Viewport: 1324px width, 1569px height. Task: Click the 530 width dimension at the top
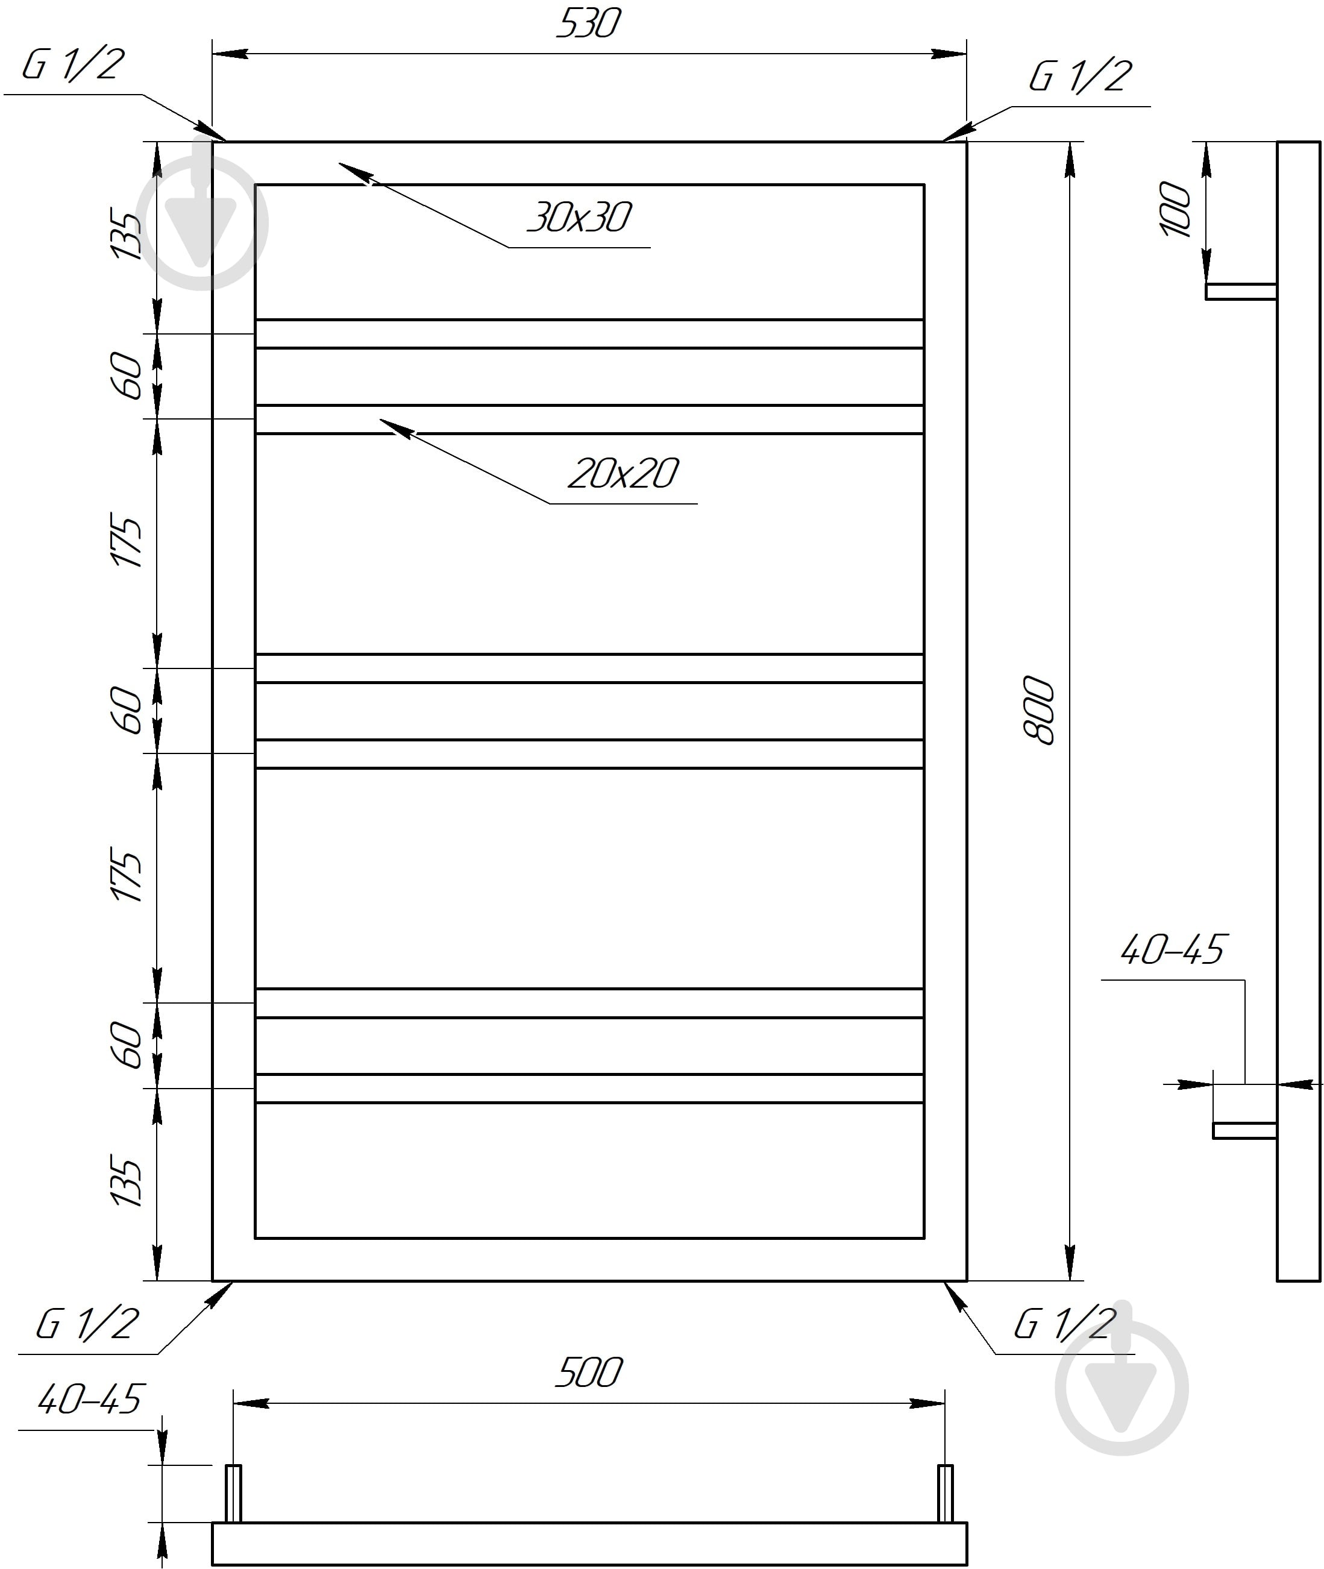(588, 24)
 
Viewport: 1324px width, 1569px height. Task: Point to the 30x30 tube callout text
(579, 218)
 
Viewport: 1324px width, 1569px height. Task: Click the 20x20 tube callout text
(624, 474)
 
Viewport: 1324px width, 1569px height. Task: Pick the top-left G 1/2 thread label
(72, 64)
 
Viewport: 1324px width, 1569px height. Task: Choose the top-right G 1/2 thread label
(1080, 77)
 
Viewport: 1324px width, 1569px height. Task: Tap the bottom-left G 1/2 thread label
(87, 1324)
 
